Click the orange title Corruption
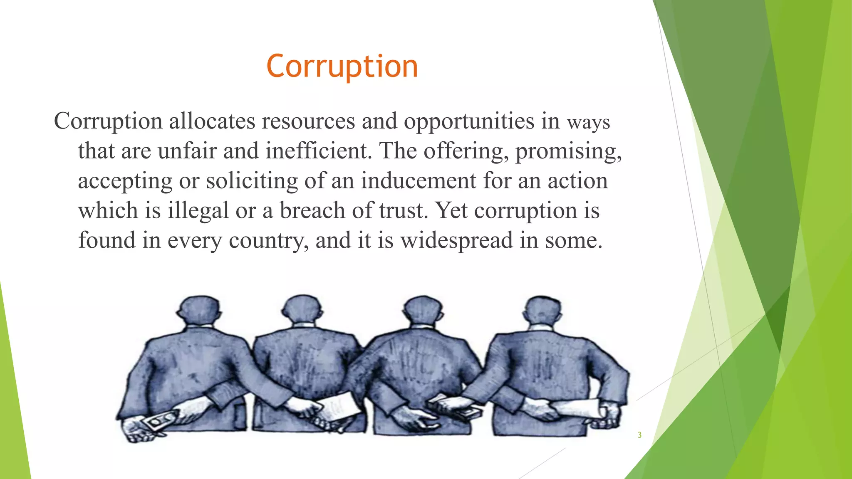point(342,67)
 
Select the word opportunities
point(469,121)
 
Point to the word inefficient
point(318,151)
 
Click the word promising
point(568,151)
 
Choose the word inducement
point(419,181)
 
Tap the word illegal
point(198,211)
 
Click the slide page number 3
point(639,435)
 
